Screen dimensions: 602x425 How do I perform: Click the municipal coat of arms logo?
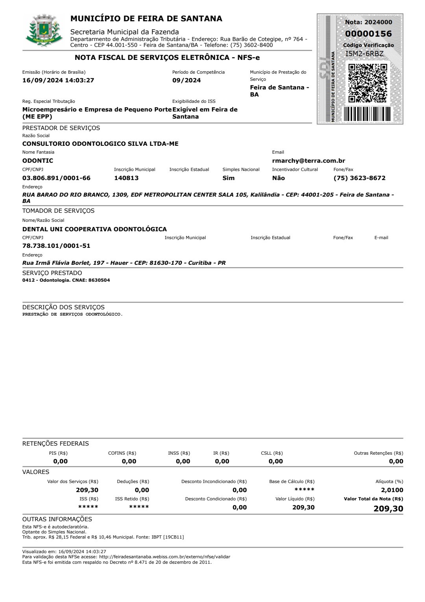pos(44,31)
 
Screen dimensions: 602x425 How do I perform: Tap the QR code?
pos(368,83)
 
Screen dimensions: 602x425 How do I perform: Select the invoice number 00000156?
pos(368,34)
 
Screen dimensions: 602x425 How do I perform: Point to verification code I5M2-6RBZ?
pos(364,54)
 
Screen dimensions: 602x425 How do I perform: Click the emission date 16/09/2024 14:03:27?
pos(58,80)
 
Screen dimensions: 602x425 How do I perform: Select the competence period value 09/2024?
pos(187,80)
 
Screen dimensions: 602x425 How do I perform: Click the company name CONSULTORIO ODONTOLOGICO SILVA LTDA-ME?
pos(100,144)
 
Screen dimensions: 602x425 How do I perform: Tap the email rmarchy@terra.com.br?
pos(309,161)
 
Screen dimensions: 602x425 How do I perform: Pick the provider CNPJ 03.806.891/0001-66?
pos(56,178)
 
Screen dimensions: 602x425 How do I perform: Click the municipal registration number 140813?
pos(126,178)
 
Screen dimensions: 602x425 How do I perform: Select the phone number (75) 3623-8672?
pos(359,178)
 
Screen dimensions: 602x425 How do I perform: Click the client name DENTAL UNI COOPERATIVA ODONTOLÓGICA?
pos(94,229)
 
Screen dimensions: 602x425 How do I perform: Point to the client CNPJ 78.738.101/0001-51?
pos(56,246)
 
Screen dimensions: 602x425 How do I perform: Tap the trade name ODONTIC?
pos(38,161)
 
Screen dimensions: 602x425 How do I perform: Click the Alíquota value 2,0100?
pos(392,490)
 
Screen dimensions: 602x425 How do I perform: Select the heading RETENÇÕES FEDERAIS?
pos(55,444)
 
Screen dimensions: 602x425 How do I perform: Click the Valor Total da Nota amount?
pos(388,509)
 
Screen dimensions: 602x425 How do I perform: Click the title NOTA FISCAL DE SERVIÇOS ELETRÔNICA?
pos(167,58)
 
